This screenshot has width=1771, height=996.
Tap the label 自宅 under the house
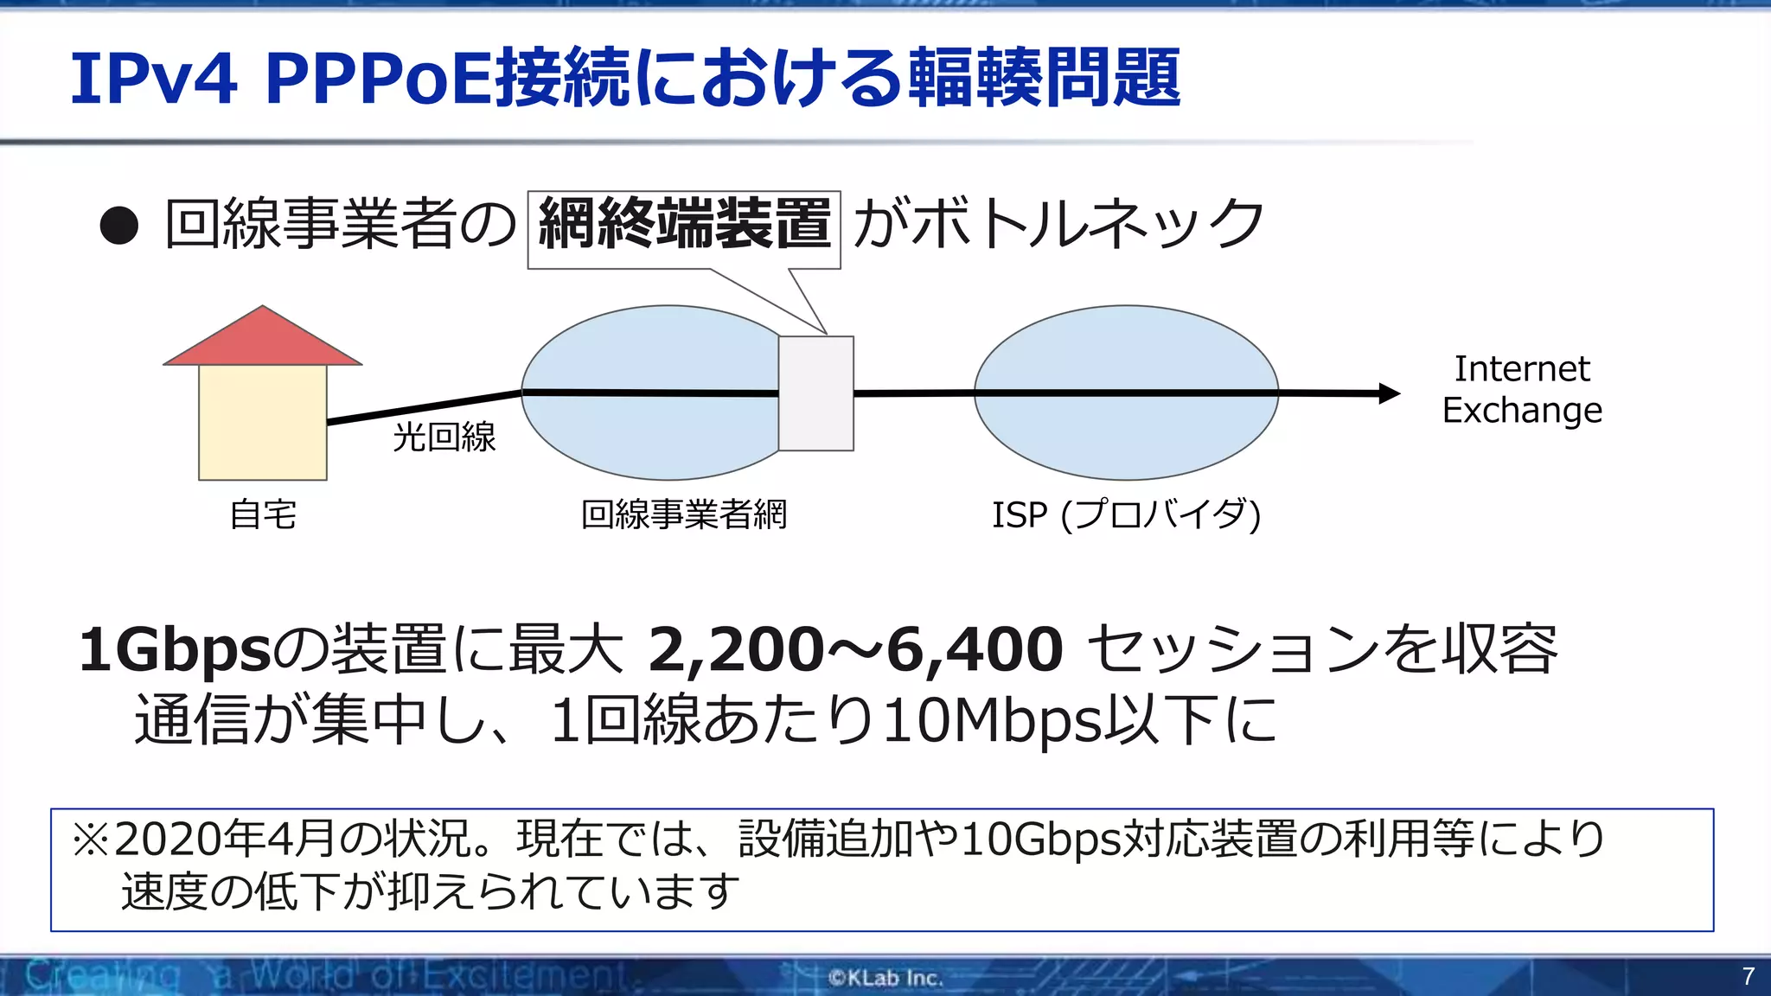pos(263,514)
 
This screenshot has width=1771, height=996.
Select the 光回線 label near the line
pos(444,437)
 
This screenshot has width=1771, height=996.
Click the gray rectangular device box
pos(815,394)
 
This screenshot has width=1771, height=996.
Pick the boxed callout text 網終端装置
pos(684,224)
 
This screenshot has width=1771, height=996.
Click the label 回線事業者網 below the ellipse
pos(683,514)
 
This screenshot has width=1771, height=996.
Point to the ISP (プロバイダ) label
pos(1126,514)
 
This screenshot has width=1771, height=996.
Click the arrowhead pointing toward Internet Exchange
pos(1388,393)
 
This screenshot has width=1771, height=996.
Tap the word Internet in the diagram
pos(1521,369)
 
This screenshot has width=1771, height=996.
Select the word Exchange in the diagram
pos(1521,410)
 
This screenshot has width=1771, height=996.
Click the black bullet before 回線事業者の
pos(118,227)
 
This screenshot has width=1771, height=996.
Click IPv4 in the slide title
pos(153,79)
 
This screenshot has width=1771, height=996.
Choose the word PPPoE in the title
pos(380,79)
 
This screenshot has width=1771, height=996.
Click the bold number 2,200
pos(735,650)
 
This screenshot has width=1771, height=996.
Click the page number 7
pos(1748,976)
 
